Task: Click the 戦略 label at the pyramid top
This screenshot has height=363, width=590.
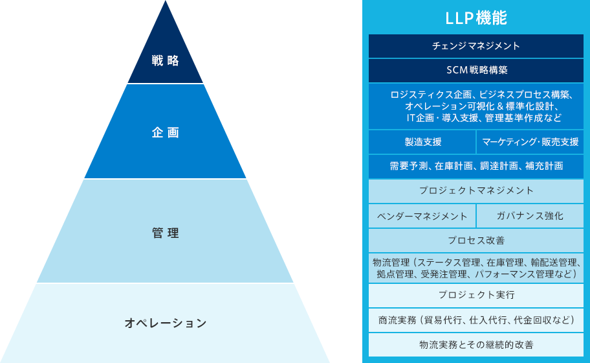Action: point(166,61)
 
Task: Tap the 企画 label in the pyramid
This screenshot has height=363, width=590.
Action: point(166,132)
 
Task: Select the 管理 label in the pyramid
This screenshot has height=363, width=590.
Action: point(166,233)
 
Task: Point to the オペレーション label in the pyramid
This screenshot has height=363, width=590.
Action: point(166,322)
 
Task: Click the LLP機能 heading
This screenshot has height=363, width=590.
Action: point(476,18)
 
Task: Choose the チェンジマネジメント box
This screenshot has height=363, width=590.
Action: point(476,46)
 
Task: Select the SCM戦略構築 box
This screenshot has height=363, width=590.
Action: point(476,70)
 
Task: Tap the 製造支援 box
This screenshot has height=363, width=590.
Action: point(422,142)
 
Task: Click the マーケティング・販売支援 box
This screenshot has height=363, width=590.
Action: point(530,142)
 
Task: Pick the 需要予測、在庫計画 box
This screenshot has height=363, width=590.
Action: point(476,166)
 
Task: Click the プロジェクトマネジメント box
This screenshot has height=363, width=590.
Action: point(476,191)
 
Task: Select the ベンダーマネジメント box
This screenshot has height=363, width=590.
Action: point(422,216)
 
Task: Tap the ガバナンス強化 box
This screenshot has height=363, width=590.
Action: point(530,216)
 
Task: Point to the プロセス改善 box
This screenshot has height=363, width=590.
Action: point(476,240)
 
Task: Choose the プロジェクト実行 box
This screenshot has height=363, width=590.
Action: point(476,295)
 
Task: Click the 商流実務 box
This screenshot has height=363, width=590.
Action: point(476,320)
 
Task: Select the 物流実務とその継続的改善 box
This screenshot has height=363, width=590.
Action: point(476,344)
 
